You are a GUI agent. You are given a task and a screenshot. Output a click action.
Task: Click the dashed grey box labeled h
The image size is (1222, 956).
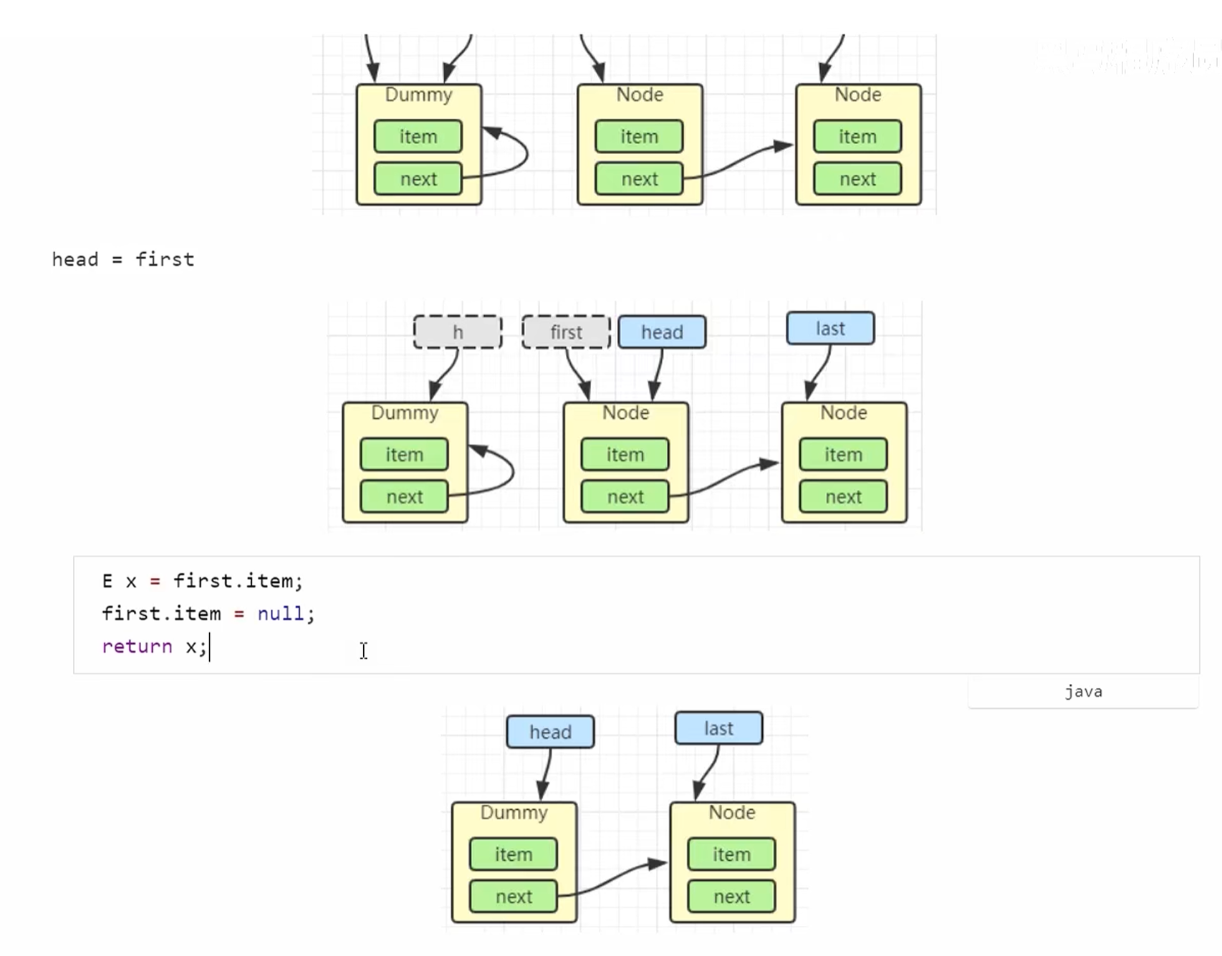(x=457, y=332)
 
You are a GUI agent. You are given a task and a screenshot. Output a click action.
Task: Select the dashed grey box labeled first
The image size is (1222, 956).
(x=566, y=332)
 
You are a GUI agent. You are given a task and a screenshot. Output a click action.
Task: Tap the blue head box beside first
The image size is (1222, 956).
(x=662, y=332)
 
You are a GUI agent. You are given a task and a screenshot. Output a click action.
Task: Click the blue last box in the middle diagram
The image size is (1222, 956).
(x=830, y=329)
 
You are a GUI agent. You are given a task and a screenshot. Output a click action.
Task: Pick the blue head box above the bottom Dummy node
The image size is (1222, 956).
(x=550, y=732)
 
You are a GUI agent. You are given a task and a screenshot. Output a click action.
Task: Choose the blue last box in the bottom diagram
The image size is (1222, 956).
(x=718, y=728)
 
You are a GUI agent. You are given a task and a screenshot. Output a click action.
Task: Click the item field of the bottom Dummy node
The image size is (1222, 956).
(x=514, y=854)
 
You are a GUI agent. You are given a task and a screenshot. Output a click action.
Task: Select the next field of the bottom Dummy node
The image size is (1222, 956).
(x=514, y=897)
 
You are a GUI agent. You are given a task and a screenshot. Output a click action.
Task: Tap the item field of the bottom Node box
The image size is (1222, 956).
(x=731, y=854)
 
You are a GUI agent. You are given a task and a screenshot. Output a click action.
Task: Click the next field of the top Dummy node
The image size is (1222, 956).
(x=418, y=179)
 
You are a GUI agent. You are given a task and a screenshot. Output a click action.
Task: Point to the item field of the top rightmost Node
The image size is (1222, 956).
(x=857, y=137)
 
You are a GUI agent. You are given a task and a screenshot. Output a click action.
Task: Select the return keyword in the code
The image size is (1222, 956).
(x=137, y=647)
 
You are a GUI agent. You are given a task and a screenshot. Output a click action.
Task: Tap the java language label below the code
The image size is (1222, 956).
(x=1083, y=692)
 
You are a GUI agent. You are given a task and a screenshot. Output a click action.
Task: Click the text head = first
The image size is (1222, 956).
(x=123, y=259)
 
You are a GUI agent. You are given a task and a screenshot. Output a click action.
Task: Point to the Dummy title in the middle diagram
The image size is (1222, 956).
(x=405, y=413)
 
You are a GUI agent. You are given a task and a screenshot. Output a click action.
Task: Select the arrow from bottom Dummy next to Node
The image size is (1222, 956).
(x=612, y=878)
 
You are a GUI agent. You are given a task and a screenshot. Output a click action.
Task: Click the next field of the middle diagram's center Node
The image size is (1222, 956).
(x=625, y=497)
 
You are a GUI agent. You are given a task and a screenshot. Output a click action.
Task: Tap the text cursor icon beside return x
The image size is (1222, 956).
(x=364, y=650)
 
